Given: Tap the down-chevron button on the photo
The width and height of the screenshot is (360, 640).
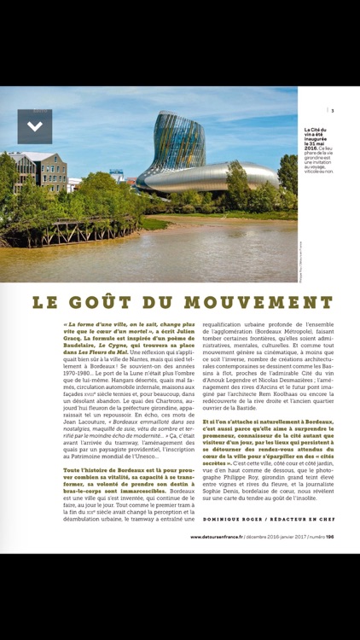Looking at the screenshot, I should [35, 126].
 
